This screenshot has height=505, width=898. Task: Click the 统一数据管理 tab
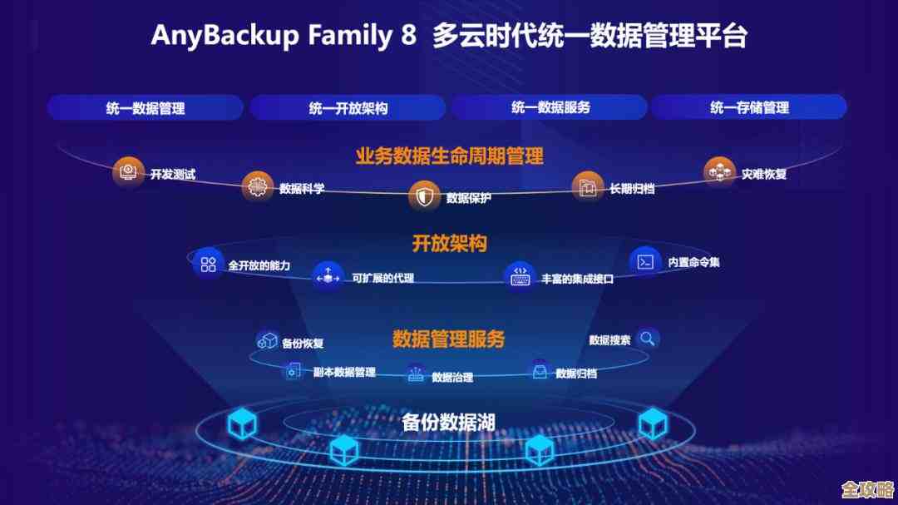click(x=145, y=107)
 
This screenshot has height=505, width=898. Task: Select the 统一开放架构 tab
click(x=348, y=107)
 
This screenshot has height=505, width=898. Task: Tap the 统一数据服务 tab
click(x=550, y=107)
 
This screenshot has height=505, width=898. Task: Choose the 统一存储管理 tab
click(x=748, y=107)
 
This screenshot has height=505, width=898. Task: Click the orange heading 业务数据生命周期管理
click(x=449, y=156)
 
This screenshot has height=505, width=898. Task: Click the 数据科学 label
click(x=302, y=189)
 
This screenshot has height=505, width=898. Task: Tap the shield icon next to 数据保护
click(x=424, y=196)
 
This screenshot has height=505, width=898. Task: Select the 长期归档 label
click(x=631, y=189)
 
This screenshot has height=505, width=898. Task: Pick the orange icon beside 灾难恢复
click(x=719, y=172)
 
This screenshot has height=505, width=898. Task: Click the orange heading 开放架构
click(x=449, y=244)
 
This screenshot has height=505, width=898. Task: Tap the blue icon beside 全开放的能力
click(x=208, y=263)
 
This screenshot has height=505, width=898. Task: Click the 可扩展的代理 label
click(x=382, y=278)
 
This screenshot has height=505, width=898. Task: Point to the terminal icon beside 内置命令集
click(x=645, y=262)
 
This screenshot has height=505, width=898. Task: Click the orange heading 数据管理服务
click(x=448, y=339)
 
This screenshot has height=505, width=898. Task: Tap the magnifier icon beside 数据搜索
click(x=648, y=339)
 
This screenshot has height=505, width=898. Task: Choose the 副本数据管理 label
click(x=344, y=372)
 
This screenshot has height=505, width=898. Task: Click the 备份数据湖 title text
click(x=448, y=422)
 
